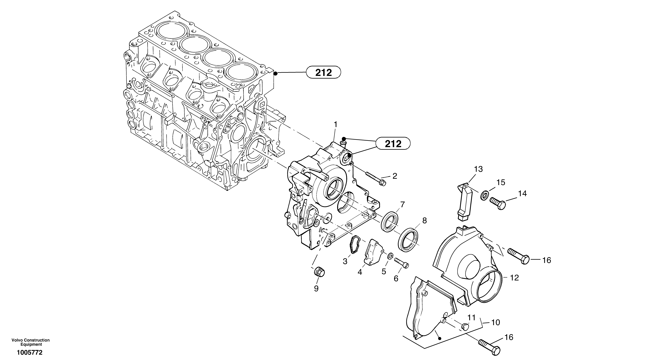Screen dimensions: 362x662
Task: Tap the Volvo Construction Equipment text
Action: (31, 342)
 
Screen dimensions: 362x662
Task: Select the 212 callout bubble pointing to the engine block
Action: (323, 73)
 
